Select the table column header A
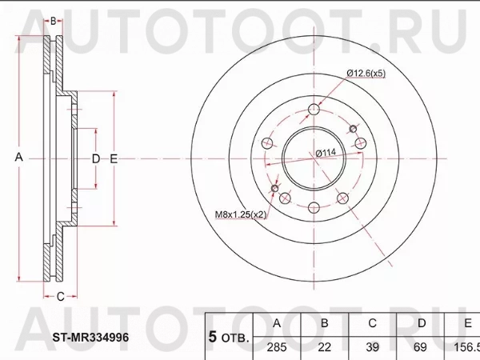[277, 323]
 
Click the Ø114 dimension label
[324, 153]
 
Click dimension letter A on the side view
[18, 158]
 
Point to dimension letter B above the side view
[53, 22]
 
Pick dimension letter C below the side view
[59, 297]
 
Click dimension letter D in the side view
[95, 158]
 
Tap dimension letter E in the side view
[114, 158]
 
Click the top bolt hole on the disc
[314, 110]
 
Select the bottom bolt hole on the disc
[313, 208]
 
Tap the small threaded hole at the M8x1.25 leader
[276, 190]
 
